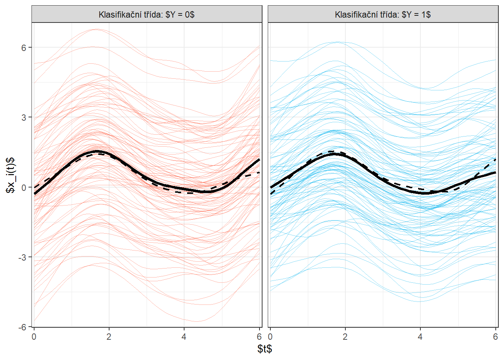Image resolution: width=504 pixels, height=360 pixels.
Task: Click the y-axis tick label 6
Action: click(24, 48)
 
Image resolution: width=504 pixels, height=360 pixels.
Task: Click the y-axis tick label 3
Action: click(24, 117)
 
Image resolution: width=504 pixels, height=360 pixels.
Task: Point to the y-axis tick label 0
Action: click(24, 187)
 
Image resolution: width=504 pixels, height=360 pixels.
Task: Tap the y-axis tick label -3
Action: click(22, 257)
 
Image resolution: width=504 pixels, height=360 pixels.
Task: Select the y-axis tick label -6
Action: click(22, 327)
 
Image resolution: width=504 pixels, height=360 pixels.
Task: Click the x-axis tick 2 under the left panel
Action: click(109, 336)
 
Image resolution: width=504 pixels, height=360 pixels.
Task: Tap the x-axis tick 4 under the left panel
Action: click(184, 336)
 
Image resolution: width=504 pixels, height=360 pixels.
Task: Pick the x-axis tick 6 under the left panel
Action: click(259, 336)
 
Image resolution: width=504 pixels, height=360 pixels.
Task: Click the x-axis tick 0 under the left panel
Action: click(34, 336)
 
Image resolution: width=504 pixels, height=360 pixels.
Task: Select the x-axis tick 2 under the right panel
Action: click(345, 336)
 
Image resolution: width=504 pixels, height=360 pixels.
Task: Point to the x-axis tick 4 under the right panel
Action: click(420, 336)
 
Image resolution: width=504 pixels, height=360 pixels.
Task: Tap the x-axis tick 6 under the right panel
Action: click(495, 336)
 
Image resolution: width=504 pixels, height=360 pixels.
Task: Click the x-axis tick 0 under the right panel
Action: click(270, 336)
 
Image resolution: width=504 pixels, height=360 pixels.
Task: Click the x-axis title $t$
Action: click(265, 349)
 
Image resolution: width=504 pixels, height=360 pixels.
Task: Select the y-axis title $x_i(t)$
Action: click(10, 175)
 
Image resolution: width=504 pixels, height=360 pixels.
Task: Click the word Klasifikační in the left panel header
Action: click(117, 15)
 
